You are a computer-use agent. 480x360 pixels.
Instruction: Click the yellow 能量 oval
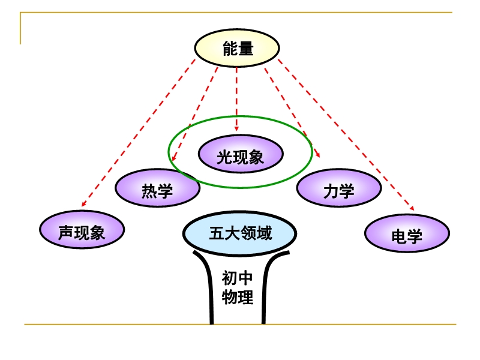[237, 49]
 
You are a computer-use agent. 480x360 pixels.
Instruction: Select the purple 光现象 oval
[240, 155]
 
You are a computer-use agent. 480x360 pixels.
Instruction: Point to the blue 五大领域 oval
[239, 232]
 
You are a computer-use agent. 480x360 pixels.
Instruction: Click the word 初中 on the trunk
[238, 278]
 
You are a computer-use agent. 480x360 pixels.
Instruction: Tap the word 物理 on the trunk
[238, 296]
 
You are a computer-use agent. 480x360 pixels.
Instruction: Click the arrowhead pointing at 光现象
[236, 128]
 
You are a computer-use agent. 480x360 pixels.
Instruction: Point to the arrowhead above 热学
[173, 159]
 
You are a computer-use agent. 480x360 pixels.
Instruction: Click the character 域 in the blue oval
[264, 232]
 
